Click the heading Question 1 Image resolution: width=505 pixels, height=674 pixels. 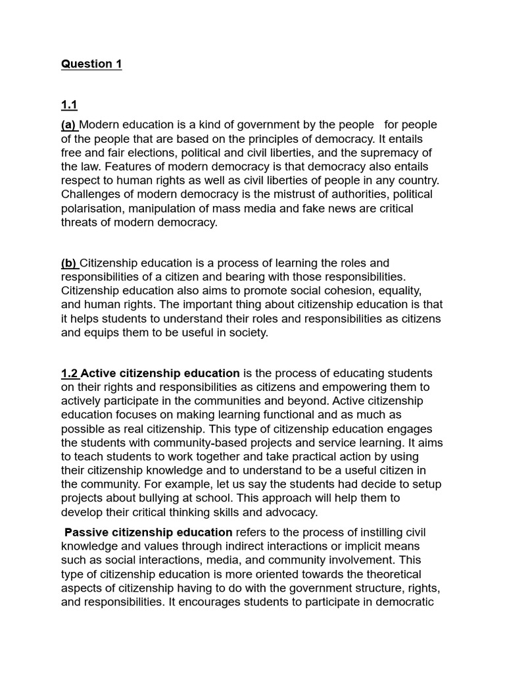91,64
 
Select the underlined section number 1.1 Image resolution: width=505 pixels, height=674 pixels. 69,105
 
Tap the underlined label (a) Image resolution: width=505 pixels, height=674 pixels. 68,125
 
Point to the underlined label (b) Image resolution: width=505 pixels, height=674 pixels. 68,263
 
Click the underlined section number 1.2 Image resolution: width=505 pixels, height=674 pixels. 69,373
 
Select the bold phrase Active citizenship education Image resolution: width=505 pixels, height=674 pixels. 160,373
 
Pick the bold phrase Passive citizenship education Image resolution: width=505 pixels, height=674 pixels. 148,532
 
